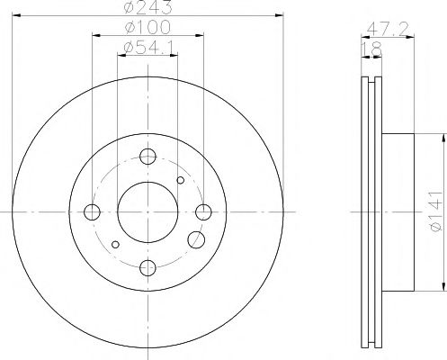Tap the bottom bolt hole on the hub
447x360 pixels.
[148, 267]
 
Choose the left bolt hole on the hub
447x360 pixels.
[92, 212]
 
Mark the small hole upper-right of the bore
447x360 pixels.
[180, 180]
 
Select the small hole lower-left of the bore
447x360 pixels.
[115, 244]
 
